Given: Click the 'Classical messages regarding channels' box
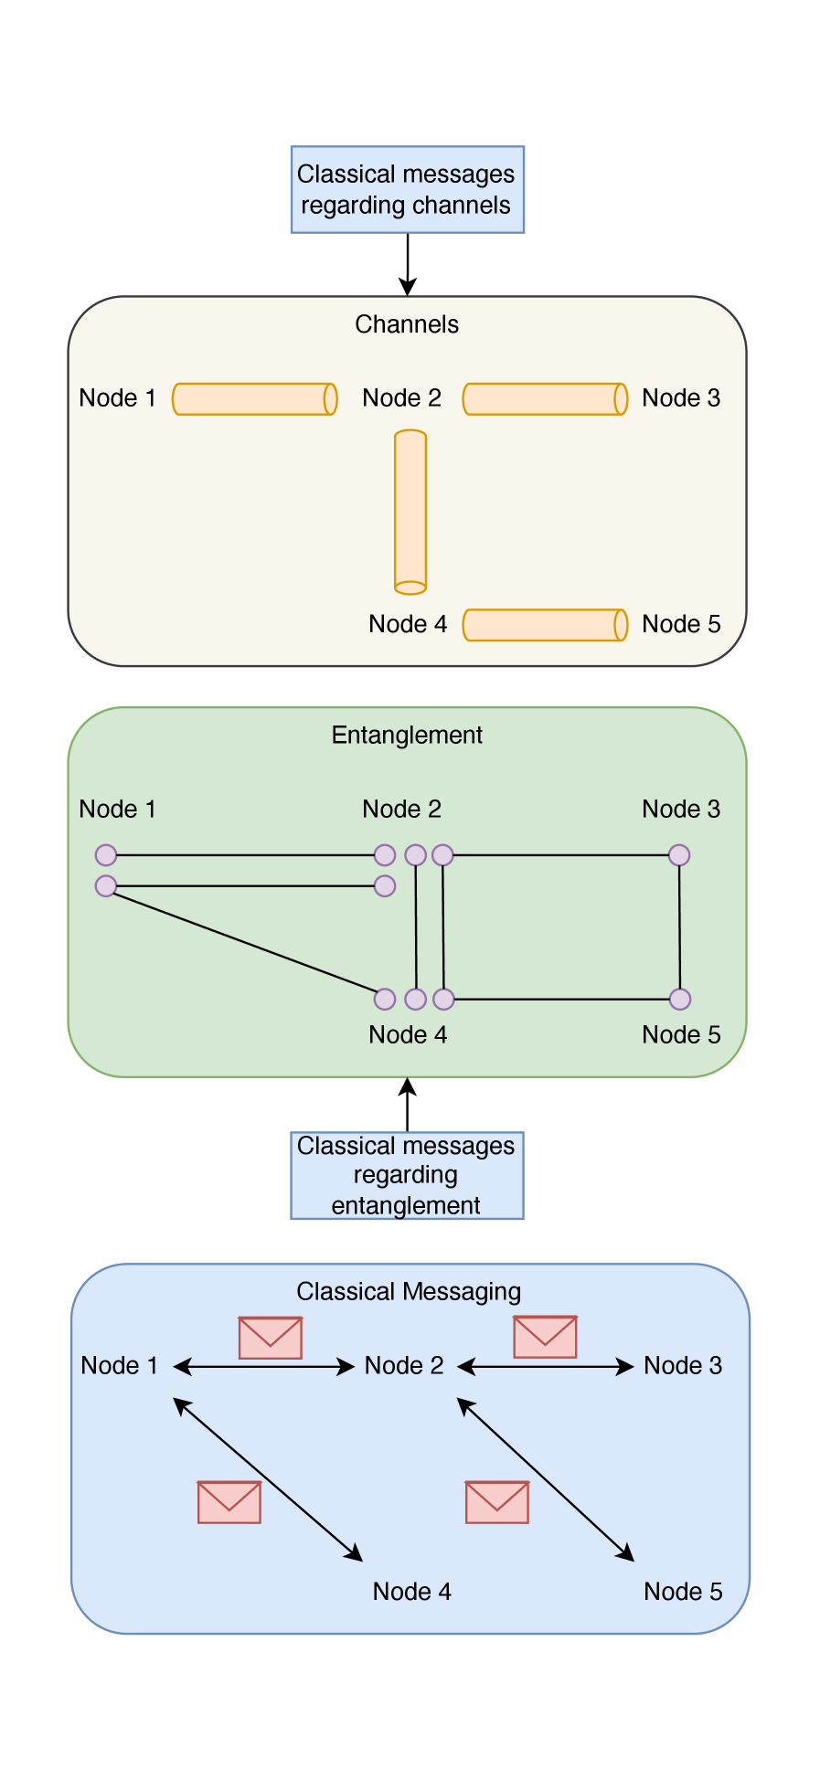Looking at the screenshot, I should coord(407,189).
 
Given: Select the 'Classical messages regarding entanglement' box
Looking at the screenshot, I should coord(407,1175).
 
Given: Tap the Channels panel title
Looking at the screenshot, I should coord(407,324).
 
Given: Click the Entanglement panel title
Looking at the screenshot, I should coord(407,735).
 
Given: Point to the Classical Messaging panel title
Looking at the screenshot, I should coord(409,1291).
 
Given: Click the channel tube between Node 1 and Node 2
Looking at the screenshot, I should coord(254,399).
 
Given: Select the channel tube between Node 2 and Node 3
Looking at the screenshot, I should coord(544,399).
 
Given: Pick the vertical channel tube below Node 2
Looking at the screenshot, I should coord(410,512).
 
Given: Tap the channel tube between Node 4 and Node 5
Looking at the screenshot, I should coord(544,625).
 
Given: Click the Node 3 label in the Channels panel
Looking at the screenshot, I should coord(681,398).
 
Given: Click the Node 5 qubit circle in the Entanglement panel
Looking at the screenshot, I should coord(680,999).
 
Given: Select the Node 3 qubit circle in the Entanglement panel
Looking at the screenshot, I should coord(679,855).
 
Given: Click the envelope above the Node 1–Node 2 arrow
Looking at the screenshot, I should coord(271,1338).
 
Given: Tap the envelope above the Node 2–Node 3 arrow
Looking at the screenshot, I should coord(545,1337).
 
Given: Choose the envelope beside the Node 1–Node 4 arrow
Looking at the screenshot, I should coord(229,1502).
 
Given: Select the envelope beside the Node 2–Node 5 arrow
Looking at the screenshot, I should coord(497,1502).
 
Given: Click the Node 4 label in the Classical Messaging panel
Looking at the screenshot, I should coord(411,1592).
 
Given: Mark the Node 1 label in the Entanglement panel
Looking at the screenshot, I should coord(117,809).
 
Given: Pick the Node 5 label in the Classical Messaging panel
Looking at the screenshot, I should coord(683,1592).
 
